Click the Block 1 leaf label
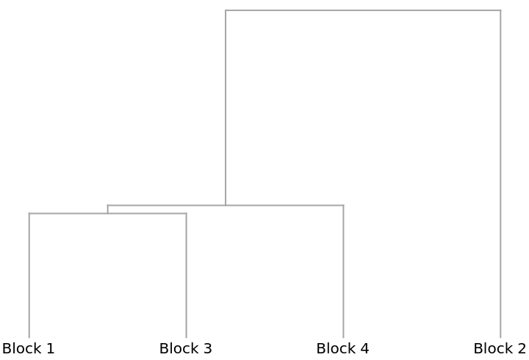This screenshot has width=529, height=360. click(29, 348)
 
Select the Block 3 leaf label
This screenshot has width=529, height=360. click(186, 348)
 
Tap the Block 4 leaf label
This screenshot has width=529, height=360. click(343, 348)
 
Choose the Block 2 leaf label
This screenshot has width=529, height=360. click(500, 348)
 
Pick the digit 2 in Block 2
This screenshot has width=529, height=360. click(522, 348)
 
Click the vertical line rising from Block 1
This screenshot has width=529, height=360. click(29, 276)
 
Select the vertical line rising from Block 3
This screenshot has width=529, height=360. click(186, 276)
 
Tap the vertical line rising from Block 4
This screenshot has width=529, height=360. click(343, 271)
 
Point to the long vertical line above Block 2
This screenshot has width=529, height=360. click(500, 174)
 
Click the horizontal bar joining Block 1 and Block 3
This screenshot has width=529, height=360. click(107, 213)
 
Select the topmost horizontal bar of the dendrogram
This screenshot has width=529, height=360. click(363, 10)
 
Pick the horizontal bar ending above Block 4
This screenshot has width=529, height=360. click(226, 205)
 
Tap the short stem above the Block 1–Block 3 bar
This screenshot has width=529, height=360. click(107, 209)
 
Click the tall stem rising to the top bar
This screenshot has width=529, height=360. click(226, 107)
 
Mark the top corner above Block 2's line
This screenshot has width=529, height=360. click(500, 10)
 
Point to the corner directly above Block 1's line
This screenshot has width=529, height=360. click(29, 213)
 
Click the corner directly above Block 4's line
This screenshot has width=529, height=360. click(343, 205)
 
